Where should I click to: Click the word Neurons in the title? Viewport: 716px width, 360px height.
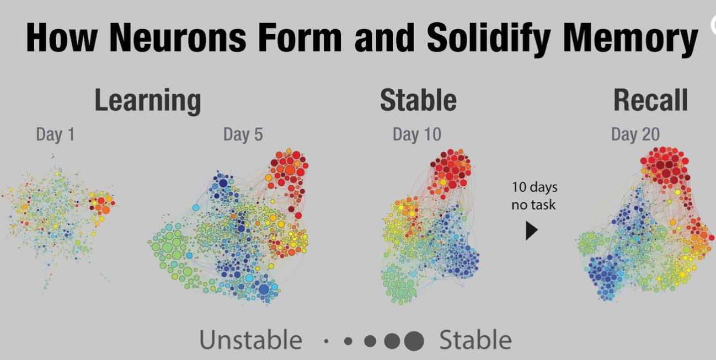coord(178,37)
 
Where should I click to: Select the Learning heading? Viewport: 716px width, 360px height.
coord(148,101)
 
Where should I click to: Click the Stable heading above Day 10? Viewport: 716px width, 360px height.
coord(419,100)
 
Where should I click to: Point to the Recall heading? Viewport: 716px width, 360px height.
coord(650,100)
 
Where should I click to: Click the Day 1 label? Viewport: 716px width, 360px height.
coord(55,135)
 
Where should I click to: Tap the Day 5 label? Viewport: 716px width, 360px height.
coord(243,135)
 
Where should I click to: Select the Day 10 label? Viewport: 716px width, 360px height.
coord(417,135)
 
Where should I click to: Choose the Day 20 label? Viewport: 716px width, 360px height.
coord(635,135)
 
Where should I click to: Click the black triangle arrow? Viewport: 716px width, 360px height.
coord(531,231)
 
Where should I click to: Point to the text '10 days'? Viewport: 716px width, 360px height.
coord(535,188)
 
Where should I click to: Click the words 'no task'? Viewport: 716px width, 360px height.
coord(533,205)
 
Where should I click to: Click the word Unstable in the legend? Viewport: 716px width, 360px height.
coord(250,340)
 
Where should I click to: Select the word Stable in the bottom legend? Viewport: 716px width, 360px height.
coord(475,340)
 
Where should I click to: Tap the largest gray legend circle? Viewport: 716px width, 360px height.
coord(414,341)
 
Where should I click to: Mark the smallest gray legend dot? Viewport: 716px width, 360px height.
coord(326,341)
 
